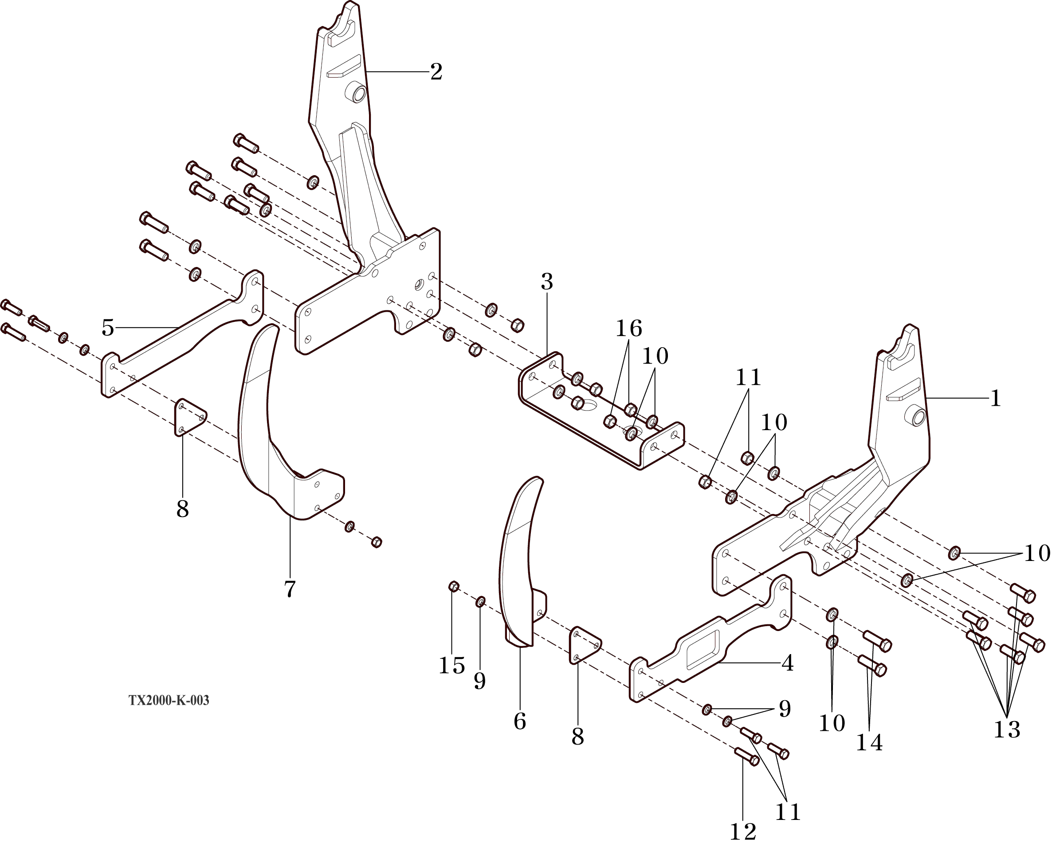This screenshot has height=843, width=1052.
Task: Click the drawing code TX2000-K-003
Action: coord(169,701)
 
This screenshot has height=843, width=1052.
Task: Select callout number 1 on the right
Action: coord(995,399)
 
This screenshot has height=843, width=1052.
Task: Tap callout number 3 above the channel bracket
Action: coord(546,282)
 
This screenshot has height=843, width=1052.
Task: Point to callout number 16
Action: coord(628,329)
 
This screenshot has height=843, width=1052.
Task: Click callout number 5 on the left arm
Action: coord(108,328)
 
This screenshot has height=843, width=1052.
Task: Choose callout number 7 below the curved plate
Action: coord(290,589)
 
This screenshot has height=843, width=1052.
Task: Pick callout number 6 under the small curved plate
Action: coord(520,721)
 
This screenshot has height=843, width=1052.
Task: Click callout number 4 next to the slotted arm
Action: coord(788,663)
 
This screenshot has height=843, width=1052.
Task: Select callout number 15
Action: coord(451,666)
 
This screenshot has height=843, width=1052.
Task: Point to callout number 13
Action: coord(1007,730)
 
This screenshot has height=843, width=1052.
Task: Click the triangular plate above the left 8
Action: coord(189,417)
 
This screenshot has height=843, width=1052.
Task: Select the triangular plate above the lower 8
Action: coord(585,645)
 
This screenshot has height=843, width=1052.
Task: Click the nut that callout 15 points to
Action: coord(453,586)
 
